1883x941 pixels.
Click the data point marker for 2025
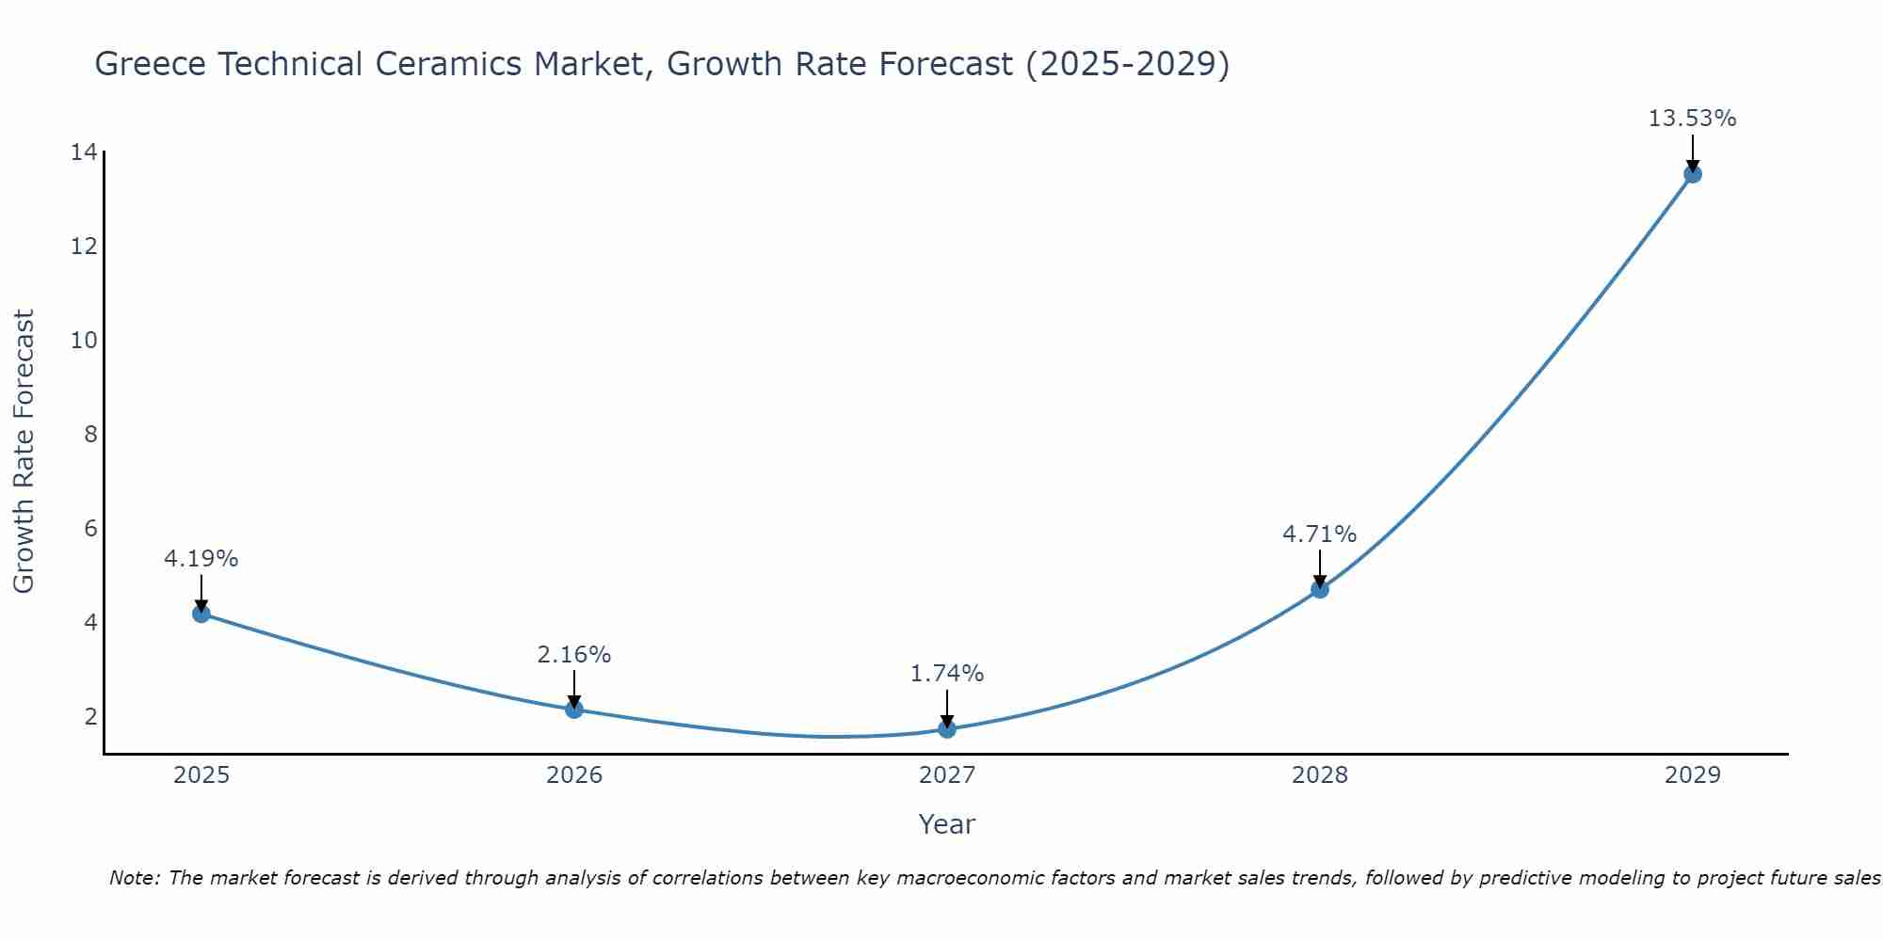tap(201, 614)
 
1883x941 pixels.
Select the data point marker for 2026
tap(574, 709)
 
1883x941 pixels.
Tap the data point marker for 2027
tap(947, 728)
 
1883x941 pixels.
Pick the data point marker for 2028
tap(1320, 589)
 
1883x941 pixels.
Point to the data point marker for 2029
tap(1693, 174)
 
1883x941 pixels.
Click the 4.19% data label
tap(201, 559)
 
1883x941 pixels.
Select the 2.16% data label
tap(574, 655)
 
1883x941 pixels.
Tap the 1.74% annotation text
tap(947, 674)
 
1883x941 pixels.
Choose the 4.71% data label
tap(1320, 534)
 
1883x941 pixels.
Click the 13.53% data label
tap(1693, 119)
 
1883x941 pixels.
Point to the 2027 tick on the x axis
tap(947, 775)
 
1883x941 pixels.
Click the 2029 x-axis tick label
tap(1693, 775)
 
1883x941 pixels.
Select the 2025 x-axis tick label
tap(201, 775)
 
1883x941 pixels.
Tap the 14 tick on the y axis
tap(84, 152)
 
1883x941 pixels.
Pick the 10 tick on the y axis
tap(84, 341)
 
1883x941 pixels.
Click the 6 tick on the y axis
tap(90, 529)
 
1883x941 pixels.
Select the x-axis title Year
tap(947, 824)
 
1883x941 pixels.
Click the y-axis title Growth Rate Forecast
tap(24, 452)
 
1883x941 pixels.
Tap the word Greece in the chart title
tap(150, 65)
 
